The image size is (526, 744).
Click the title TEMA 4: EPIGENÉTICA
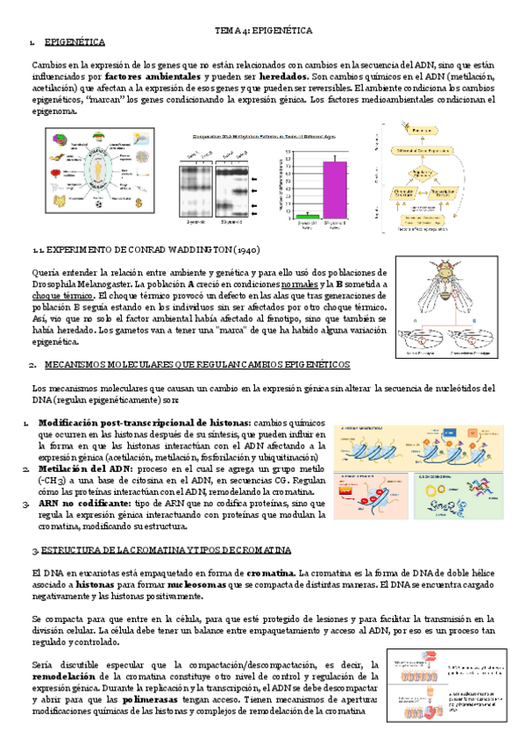[264, 30]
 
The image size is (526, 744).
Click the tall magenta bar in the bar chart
[334, 189]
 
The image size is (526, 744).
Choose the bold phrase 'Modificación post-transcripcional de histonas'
[144, 422]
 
